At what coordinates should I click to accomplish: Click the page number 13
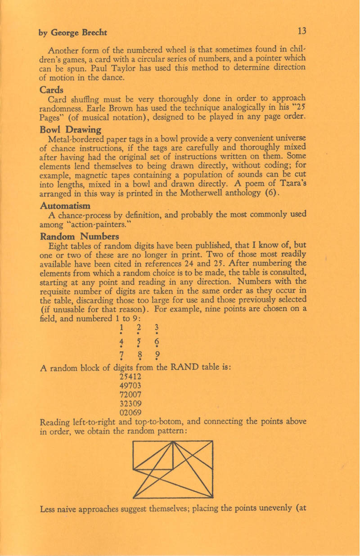(301, 31)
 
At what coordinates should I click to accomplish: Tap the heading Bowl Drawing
(70, 130)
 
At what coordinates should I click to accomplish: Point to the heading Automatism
(65, 206)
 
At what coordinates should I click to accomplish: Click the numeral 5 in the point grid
(139, 341)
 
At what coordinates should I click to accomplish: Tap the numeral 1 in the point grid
(121, 327)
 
